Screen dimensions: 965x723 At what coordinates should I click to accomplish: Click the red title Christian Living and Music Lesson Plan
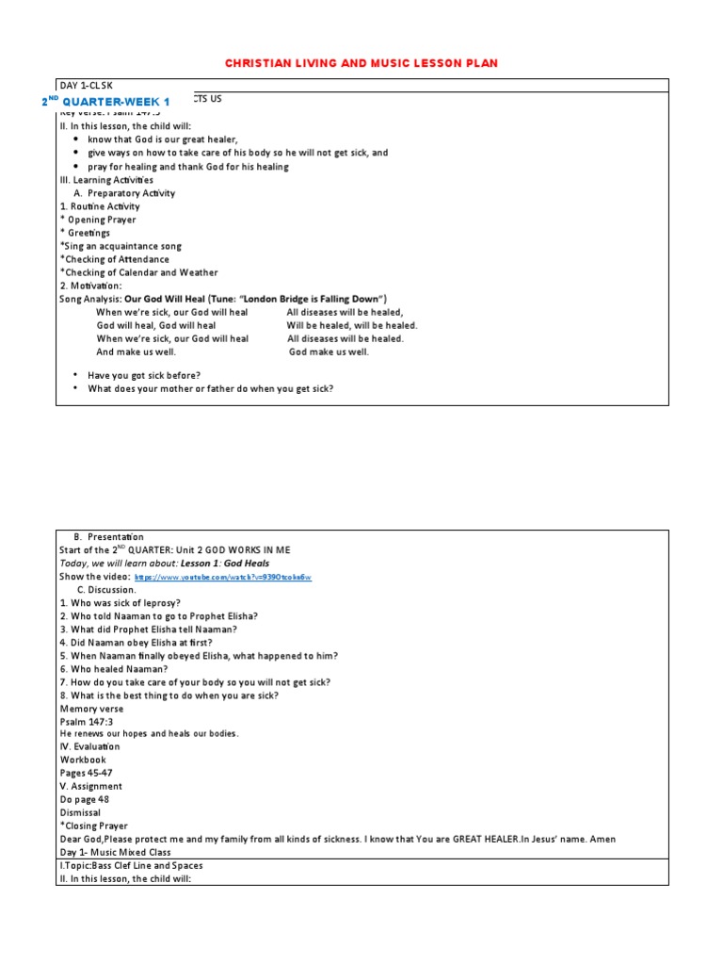pyautogui.click(x=361, y=63)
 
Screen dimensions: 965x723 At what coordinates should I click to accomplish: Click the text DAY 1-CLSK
pyautogui.click(x=86, y=86)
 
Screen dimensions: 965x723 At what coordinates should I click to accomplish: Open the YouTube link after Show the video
pyautogui.click(x=223, y=577)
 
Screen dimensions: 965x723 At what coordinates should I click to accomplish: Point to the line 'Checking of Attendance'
pyautogui.click(x=116, y=259)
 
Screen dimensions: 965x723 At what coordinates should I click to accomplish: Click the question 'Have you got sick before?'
pyautogui.click(x=144, y=375)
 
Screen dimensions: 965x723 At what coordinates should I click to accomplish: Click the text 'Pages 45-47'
pyautogui.click(x=86, y=773)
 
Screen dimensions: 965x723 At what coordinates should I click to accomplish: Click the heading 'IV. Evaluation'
pyautogui.click(x=89, y=746)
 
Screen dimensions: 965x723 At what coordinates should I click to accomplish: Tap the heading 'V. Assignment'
pyautogui.click(x=90, y=786)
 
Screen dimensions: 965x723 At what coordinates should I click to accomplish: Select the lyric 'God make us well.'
pyautogui.click(x=329, y=352)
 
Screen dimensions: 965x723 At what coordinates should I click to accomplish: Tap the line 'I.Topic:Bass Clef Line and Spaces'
pyautogui.click(x=131, y=865)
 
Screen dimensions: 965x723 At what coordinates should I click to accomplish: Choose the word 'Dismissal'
pyautogui.click(x=80, y=812)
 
